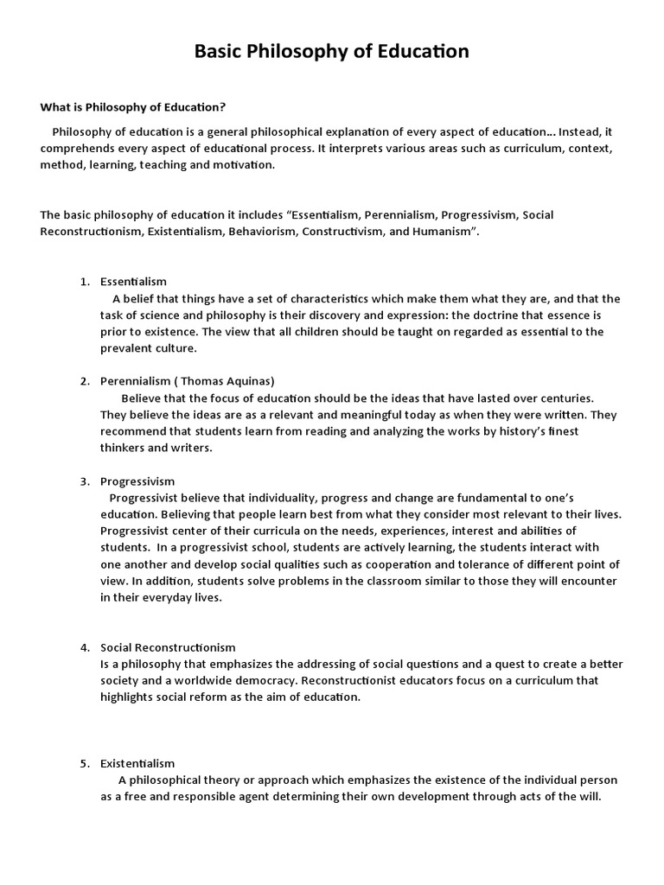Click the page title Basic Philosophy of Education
(x=332, y=52)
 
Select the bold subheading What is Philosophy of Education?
(x=133, y=107)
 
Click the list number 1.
(x=84, y=282)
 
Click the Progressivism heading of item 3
(x=137, y=481)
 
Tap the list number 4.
(x=84, y=647)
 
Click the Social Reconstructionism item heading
(x=168, y=647)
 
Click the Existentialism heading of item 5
(x=137, y=763)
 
